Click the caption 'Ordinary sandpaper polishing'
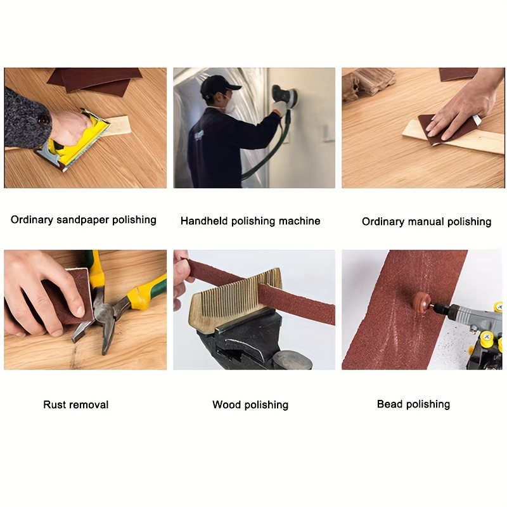(84, 220)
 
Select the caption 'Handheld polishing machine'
(250, 221)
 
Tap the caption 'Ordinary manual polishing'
(427, 222)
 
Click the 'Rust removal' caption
(76, 404)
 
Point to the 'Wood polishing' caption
(250, 404)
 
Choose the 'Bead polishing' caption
(413, 404)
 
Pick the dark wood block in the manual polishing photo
(369, 83)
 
